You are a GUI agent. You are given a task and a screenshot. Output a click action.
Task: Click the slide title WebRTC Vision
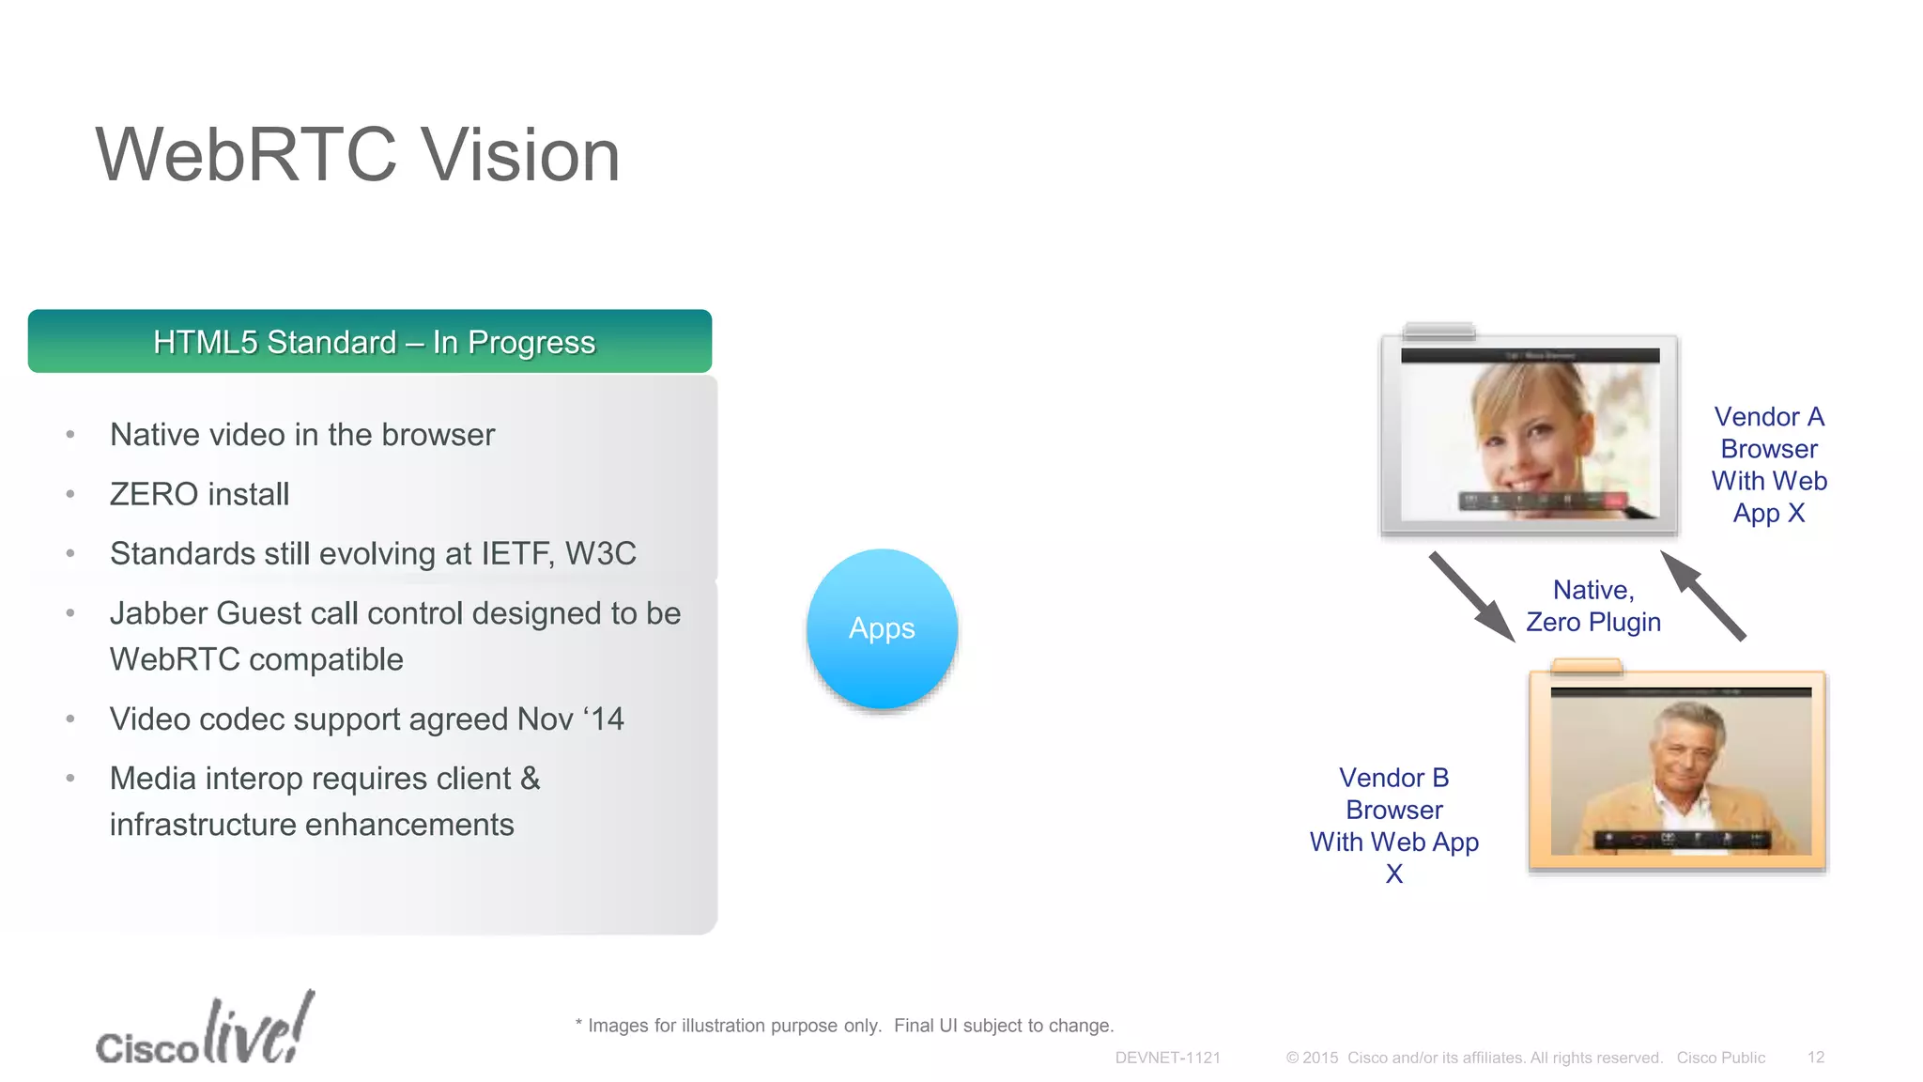pyautogui.click(x=358, y=155)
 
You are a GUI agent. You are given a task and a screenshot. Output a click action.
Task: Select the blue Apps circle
pyautogui.click(x=882, y=628)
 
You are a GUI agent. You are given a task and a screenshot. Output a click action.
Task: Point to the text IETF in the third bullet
pyautogui.click(x=515, y=554)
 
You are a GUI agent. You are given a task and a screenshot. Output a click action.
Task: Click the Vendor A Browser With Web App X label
pyautogui.click(x=1769, y=465)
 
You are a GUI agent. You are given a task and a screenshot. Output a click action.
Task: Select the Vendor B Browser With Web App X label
pyautogui.click(x=1394, y=826)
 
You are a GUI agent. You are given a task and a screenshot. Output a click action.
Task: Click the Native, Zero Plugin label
pyautogui.click(x=1593, y=606)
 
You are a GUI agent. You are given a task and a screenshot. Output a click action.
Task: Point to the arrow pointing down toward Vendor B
pyautogui.click(x=1471, y=597)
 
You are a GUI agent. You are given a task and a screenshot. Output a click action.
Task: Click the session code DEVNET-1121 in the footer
pyautogui.click(x=1167, y=1058)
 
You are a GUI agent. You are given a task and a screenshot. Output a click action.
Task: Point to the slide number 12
pyautogui.click(x=1815, y=1058)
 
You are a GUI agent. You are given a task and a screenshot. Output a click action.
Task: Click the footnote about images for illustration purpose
pyautogui.click(x=844, y=1026)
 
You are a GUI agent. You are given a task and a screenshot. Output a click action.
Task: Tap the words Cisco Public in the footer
pyautogui.click(x=1720, y=1058)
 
